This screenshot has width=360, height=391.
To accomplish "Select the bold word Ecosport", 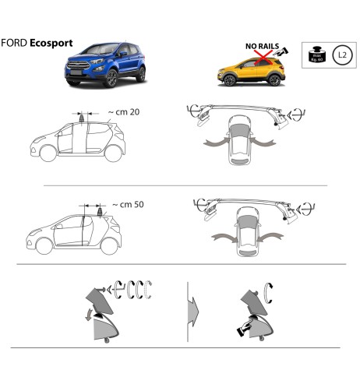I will click(51, 44).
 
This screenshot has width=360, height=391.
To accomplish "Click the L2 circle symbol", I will click(340, 55).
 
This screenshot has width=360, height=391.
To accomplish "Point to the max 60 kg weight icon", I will click(316, 55).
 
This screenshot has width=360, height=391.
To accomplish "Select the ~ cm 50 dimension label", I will click(126, 205).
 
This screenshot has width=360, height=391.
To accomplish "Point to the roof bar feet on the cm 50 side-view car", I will click(93, 208).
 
